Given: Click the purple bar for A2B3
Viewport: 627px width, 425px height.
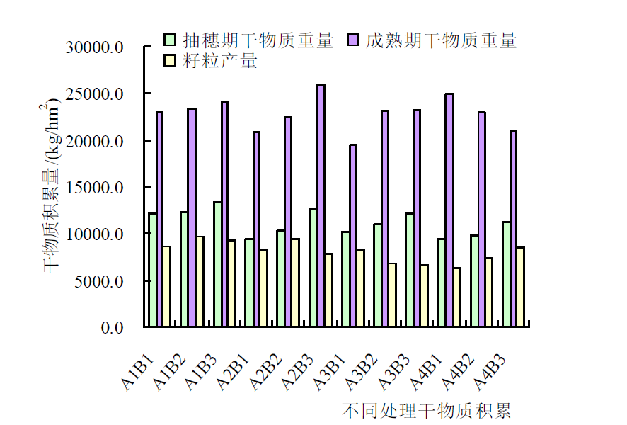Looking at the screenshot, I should (321, 205).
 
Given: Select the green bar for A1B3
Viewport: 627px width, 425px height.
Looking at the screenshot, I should (217, 264).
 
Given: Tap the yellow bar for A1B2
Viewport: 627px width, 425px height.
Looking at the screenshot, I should (200, 281).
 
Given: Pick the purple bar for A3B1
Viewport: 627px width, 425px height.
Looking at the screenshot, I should (352, 235).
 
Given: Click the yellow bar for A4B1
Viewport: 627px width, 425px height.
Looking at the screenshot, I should (457, 297).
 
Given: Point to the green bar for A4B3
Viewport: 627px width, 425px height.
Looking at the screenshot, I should (506, 274).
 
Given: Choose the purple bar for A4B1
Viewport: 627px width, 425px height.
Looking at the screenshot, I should (449, 210).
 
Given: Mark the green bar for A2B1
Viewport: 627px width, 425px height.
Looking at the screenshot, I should (249, 283).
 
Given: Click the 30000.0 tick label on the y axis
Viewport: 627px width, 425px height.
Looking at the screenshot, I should (95, 47).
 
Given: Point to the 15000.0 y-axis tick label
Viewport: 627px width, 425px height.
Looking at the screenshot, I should (95, 188).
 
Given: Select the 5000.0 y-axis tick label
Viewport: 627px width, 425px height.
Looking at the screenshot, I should (98, 281).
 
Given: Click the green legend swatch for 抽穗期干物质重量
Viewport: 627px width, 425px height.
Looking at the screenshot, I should (170, 40).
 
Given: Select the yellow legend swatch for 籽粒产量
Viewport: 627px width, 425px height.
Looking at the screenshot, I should (170, 61).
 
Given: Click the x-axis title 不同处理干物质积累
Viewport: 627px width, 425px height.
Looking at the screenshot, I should (426, 411).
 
